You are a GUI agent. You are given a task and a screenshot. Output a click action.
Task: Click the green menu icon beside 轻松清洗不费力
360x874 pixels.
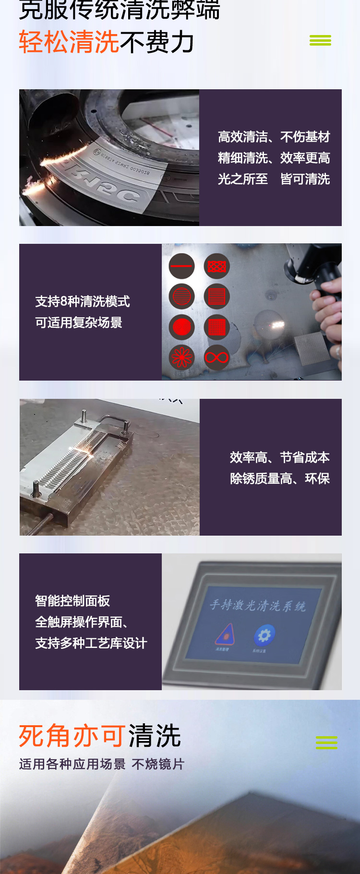point(320,40)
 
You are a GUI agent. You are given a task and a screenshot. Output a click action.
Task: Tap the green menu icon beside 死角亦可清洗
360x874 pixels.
point(326,742)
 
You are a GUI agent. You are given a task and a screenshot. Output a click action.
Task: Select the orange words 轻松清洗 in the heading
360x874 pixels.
point(69,42)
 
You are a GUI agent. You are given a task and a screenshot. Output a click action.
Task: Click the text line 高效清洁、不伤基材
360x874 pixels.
point(274,137)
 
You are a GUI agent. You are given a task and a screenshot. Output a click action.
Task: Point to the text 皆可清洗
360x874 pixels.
point(305,179)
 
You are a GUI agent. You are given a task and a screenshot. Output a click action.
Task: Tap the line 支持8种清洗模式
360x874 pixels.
point(83,301)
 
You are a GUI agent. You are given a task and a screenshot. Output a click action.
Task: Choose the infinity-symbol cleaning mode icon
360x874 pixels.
point(216,358)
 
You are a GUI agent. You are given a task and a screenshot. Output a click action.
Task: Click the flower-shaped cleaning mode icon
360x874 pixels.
point(181,358)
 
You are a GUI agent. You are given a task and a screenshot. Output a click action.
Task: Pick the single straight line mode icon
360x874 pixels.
point(181,266)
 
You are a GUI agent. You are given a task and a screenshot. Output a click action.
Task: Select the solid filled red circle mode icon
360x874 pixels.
point(181,327)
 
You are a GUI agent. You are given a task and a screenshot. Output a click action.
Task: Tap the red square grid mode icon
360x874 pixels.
point(216,327)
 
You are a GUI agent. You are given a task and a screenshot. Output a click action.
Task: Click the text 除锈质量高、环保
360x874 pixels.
point(280,479)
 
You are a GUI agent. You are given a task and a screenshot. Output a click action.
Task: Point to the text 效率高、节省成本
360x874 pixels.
point(280,457)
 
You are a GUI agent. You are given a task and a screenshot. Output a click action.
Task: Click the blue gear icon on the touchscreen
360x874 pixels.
point(264,635)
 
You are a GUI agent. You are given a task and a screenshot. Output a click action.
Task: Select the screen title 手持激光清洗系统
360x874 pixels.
point(258,605)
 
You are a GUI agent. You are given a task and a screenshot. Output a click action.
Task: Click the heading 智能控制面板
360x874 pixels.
point(72,601)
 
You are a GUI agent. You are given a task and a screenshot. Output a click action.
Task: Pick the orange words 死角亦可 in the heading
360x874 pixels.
point(72,736)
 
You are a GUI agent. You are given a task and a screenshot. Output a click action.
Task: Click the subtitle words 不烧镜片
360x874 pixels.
point(158,764)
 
